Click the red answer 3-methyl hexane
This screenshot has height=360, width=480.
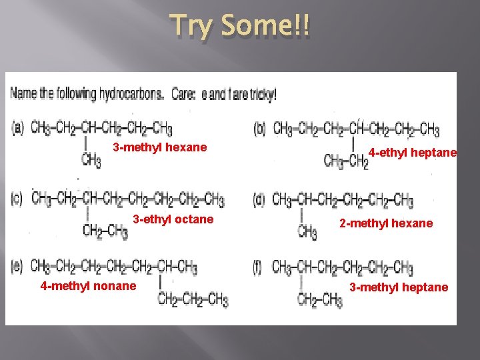pos(160,147)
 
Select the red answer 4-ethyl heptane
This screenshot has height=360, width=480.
pos(413,153)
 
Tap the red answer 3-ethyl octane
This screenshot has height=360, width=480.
pos(173,219)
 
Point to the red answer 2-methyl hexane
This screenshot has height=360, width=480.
pos(386,223)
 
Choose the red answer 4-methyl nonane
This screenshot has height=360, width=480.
pos(88,286)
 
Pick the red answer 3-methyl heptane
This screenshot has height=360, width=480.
pos(399,287)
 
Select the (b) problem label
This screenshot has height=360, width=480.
pos(260,128)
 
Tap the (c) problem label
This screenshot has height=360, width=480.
pos(17,198)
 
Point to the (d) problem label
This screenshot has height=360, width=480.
pos(260,199)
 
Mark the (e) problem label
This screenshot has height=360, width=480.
pos(18,267)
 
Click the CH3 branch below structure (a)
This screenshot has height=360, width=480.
pos(91,161)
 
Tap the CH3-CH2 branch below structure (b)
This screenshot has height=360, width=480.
pos(346,161)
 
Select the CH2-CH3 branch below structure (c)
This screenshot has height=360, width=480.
pos(105,231)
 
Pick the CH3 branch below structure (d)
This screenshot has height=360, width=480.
pos(307,232)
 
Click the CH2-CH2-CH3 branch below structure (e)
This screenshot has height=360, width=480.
pos(193,299)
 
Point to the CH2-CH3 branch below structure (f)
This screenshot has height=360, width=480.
pos(320,300)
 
